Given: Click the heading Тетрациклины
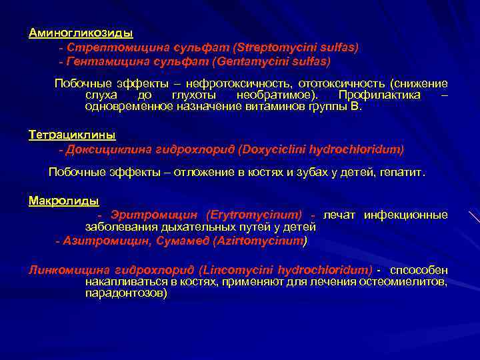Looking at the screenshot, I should pos(72,135).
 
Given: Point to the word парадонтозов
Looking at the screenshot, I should pos(126,293).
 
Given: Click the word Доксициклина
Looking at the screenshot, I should pos(104,149).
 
